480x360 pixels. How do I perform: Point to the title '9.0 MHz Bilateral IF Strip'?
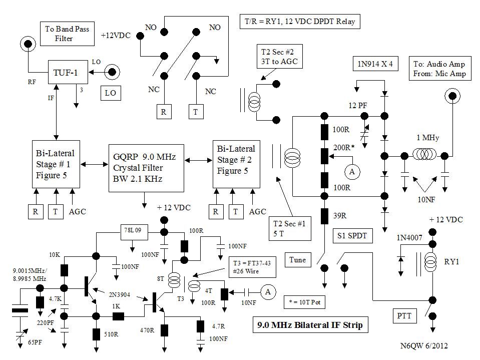click(x=306, y=325)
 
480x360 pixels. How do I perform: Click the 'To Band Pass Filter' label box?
click(x=67, y=34)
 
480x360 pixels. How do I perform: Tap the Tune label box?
click(x=297, y=259)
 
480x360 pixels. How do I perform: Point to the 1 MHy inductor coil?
click(x=423, y=156)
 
